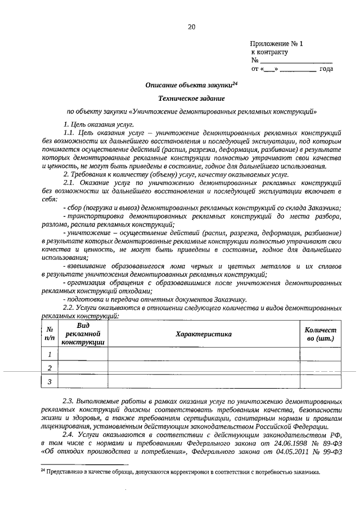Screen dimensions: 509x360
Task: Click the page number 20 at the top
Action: (x=191, y=26)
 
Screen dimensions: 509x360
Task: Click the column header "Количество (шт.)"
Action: (x=319, y=334)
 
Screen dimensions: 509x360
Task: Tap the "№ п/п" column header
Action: (x=49, y=334)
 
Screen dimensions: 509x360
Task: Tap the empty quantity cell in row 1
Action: (x=319, y=354)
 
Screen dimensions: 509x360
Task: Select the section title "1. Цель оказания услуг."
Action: (x=98, y=123)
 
